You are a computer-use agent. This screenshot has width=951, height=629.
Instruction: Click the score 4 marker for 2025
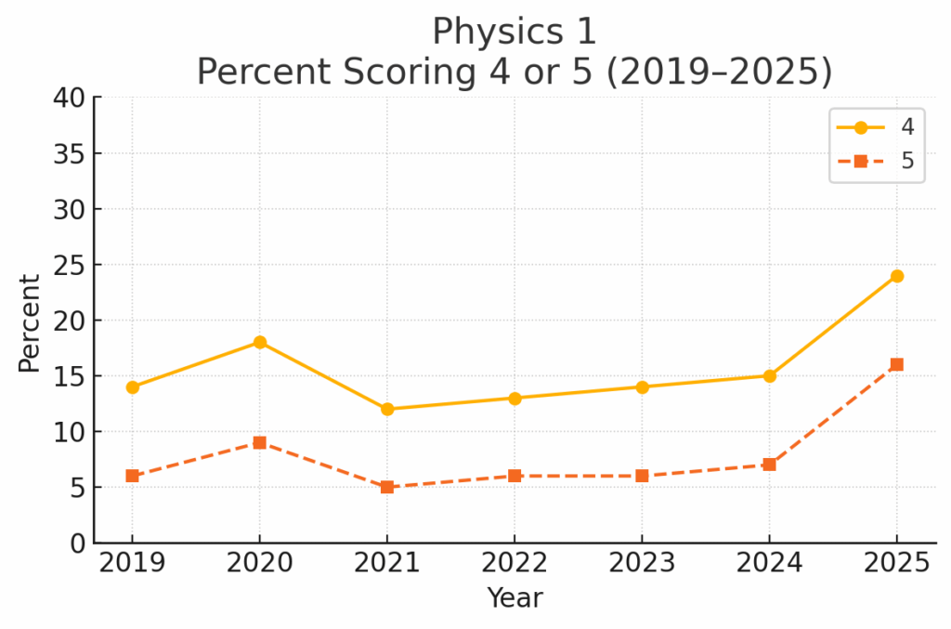[896, 276]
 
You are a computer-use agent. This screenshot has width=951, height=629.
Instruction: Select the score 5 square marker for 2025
[896, 365]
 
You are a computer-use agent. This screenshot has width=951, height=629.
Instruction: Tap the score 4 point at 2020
[259, 343]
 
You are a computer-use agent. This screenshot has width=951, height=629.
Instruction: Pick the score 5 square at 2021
[386, 487]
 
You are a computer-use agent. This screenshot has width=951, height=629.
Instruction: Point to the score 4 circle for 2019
[132, 387]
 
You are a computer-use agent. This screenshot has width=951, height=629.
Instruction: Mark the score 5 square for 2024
[769, 465]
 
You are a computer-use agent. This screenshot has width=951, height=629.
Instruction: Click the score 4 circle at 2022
[514, 399]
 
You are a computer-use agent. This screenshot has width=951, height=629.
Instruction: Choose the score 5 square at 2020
[259, 442]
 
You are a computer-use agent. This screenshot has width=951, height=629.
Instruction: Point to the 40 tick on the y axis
[70, 98]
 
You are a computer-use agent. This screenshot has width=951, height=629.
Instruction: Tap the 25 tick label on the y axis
[70, 265]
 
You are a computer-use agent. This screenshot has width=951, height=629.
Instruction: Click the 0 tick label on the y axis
[76, 543]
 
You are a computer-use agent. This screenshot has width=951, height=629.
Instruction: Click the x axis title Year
[515, 598]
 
